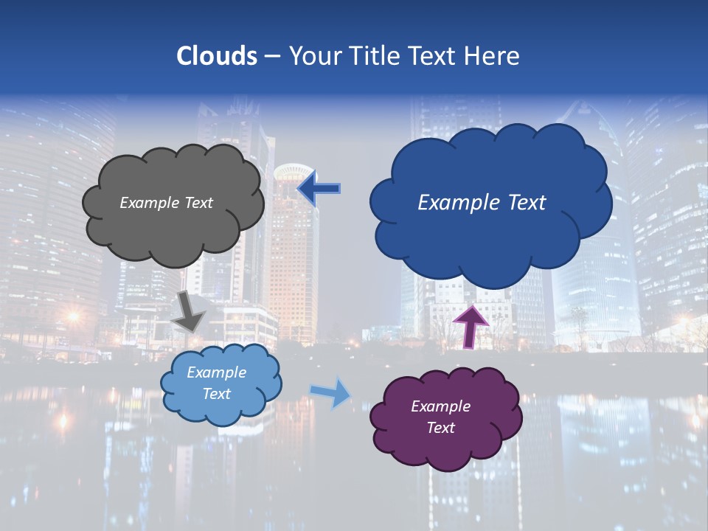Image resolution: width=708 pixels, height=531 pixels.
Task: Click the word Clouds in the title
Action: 217,56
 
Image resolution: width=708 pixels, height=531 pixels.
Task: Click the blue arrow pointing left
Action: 319,189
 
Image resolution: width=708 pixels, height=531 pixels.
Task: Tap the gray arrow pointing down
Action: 190,312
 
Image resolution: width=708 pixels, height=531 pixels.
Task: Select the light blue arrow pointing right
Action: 331,393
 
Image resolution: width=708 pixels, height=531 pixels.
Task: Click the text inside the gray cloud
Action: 166,203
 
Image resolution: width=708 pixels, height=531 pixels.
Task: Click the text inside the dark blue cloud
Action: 482,203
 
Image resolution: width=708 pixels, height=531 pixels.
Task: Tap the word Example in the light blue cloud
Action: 216,372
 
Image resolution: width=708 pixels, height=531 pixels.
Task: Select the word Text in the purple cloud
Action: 440,428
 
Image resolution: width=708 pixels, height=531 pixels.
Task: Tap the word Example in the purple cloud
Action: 440,406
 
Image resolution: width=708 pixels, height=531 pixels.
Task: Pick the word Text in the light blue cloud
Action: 216,394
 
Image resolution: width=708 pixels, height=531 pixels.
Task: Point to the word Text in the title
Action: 433,56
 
